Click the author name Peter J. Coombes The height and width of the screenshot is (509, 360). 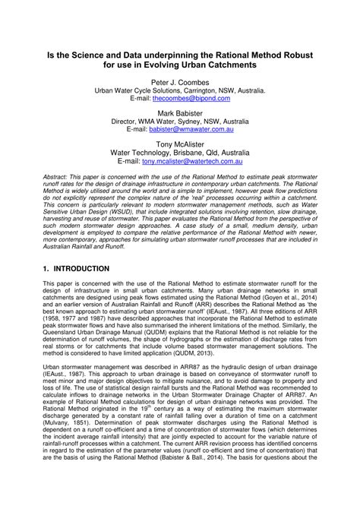[x=180, y=81]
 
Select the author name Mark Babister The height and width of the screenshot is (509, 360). [x=180, y=111]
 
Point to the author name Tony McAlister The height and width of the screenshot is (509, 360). [x=180, y=142]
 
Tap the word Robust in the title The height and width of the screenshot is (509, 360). [x=304, y=55]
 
